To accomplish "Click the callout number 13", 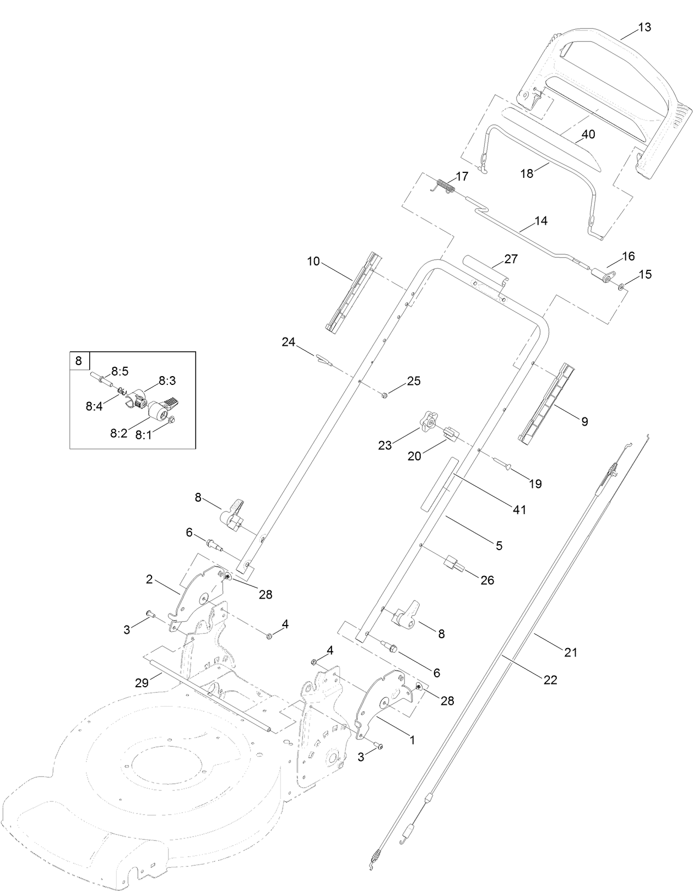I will tap(644, 27).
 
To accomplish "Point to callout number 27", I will tap(511, 259).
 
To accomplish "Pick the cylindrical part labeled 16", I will tap(602, 274).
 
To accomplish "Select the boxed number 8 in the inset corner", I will tap(79, 361).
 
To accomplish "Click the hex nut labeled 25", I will tap(385, 394).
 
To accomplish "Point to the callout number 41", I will tap(519, 510).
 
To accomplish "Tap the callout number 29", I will tap(142, 683).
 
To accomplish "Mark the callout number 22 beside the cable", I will tap(550, 680).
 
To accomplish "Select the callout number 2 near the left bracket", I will tap(149, 579).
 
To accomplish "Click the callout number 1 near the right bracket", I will tap(412, 740).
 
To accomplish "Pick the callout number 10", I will tap(313, 261).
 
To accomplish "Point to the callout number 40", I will tap(588, 134).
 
